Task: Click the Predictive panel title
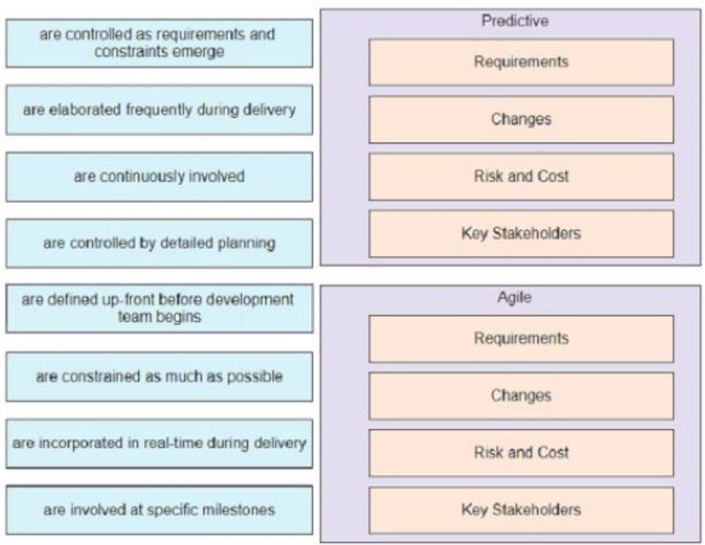click(x=514, y=21)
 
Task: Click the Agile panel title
click(x=514, y=298)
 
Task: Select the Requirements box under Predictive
click(x=521, y=62)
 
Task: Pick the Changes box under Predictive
click(x=521, y=119)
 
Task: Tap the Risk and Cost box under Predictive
click(x=521, y=176)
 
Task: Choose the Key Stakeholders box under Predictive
click(x=521, y=233)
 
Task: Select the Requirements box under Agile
click(x=521, y=339)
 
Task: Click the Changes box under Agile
click(x=521, y=396)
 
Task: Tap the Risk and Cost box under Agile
click(x=521, y=453)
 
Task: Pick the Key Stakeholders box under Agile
click(x=521, y=510)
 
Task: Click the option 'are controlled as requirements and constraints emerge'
click(x=159, y=43)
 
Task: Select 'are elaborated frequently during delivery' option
click(x=159, y=110)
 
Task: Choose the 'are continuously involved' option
click(x=159, y=177)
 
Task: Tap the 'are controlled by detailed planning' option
click(x=159, y=244)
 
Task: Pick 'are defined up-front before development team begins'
click(x=159, y=309)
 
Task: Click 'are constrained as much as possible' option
click(x=159, y=377)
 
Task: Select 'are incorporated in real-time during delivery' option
click(x=159, y=443)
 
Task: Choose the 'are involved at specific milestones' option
click(x=159, y=510)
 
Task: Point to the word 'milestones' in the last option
click(x=241, y=510)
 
